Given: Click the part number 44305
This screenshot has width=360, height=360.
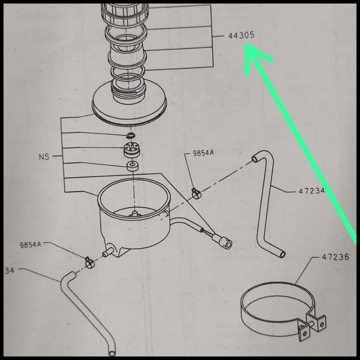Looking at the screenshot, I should pyautogui.click(x=241, y=36).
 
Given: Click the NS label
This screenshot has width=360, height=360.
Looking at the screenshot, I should pyautogui.click(x=44, y=157).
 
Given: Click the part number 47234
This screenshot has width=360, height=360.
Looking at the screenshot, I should pyautogui.click(x=311, y=191).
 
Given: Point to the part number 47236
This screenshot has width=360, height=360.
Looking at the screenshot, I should pyautogui.click(x=335, y=257).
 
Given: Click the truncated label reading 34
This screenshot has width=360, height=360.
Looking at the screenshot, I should pyautogui.click(x=10, y=270).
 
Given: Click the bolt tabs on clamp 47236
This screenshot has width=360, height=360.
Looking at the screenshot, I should pyautogui.click(x=313, y=326).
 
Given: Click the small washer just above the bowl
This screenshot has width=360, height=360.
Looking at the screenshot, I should pyautogui.click(x=134, y=166).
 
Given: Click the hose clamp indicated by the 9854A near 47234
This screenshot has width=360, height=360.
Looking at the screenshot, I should pyautogui.click(x=196, y=193).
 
